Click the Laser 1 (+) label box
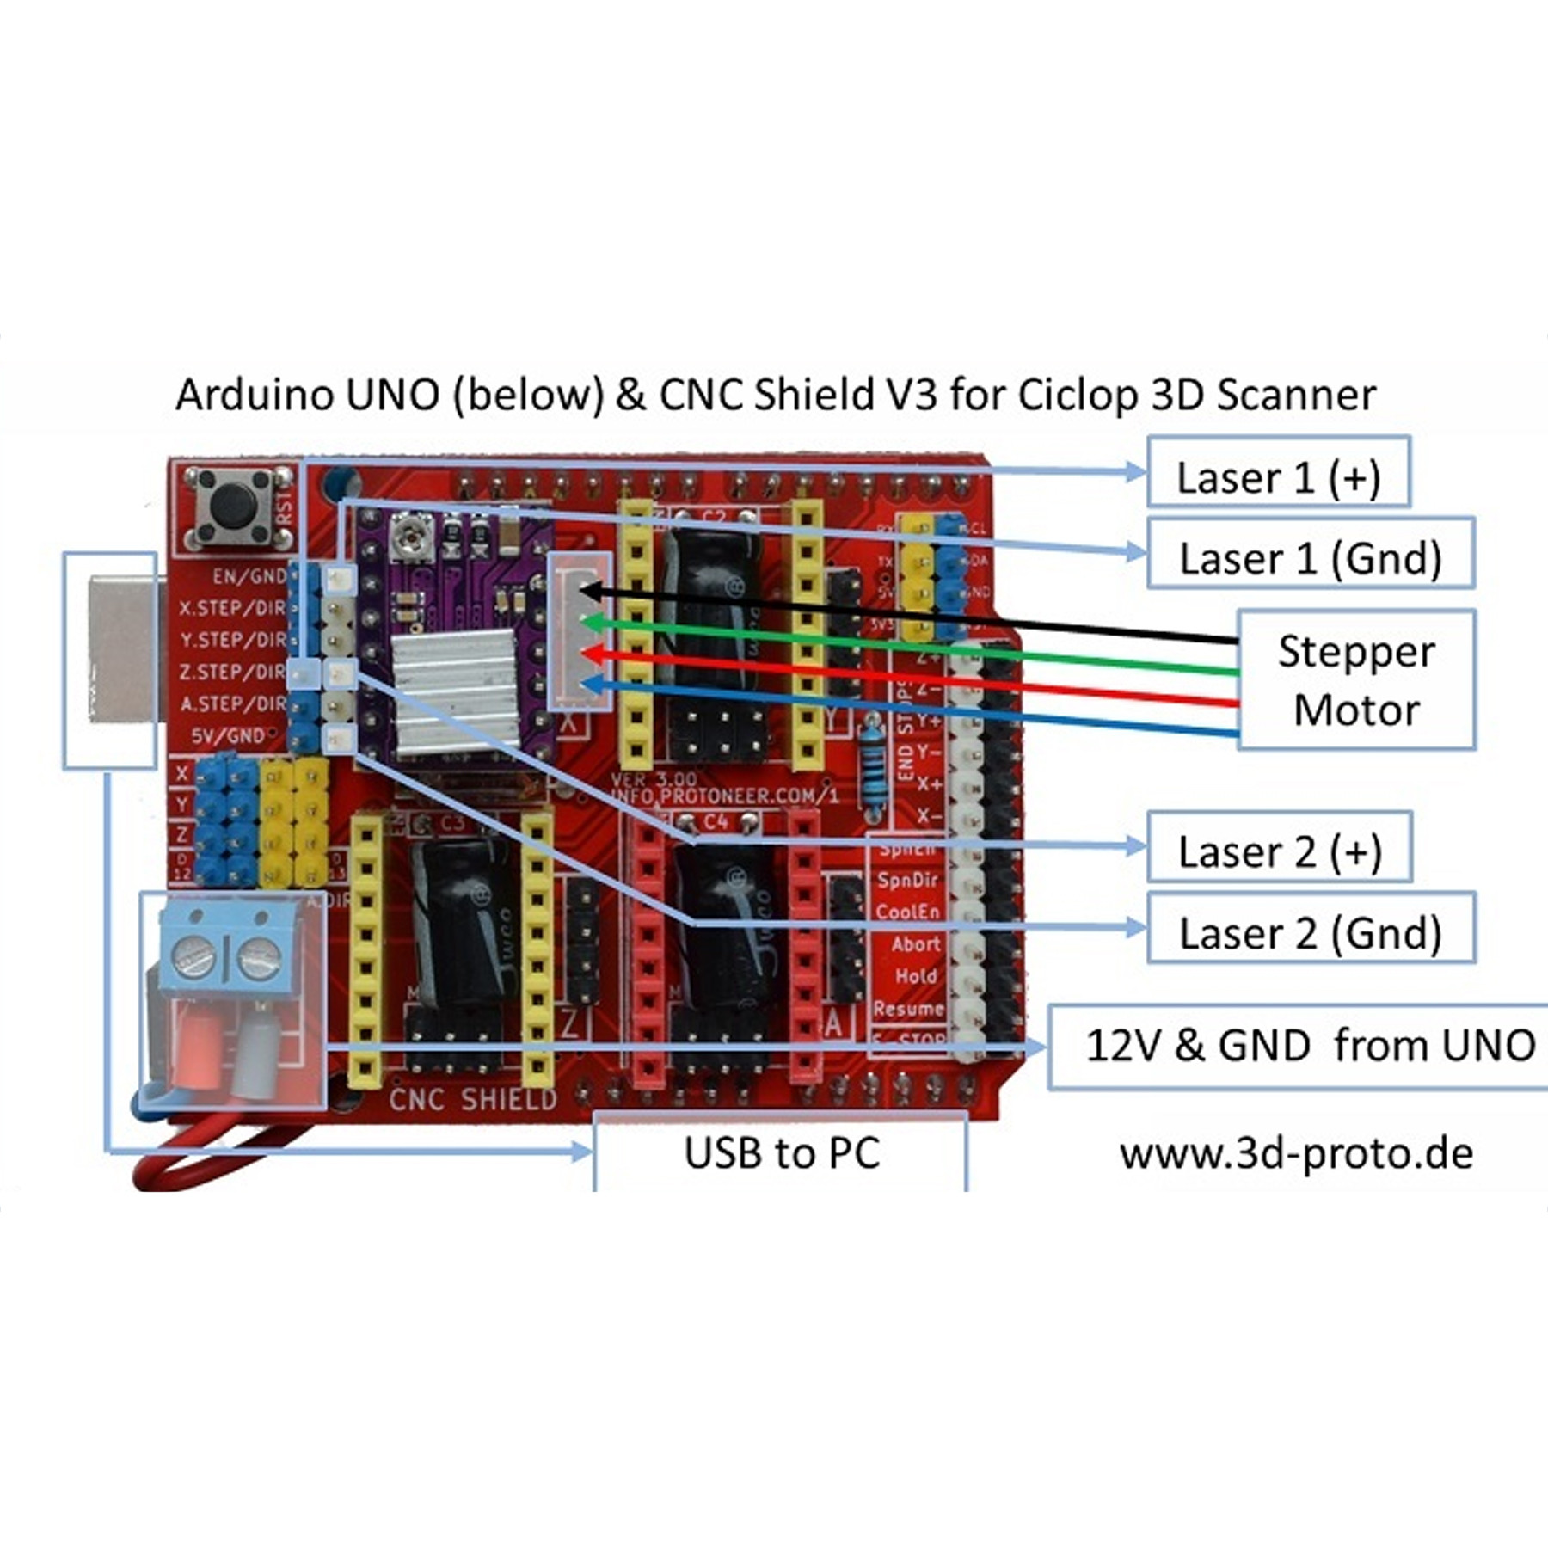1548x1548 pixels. coord(1278,477)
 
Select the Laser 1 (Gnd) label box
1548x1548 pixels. coord(1310,558)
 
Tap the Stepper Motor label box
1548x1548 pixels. coord(1356,680)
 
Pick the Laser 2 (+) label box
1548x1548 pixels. coord(1279,851)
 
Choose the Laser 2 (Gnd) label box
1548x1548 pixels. coord(1310,932)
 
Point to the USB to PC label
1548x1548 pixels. coord(781,1152)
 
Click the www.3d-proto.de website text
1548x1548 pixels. coord(1296,1153)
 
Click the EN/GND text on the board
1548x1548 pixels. coord(249,575)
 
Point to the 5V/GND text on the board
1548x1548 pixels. coord(228,736)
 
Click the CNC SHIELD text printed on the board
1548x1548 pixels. coord(472,1099)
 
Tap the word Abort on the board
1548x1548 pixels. coord(915,944)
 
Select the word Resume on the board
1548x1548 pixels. coord(908,1008)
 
